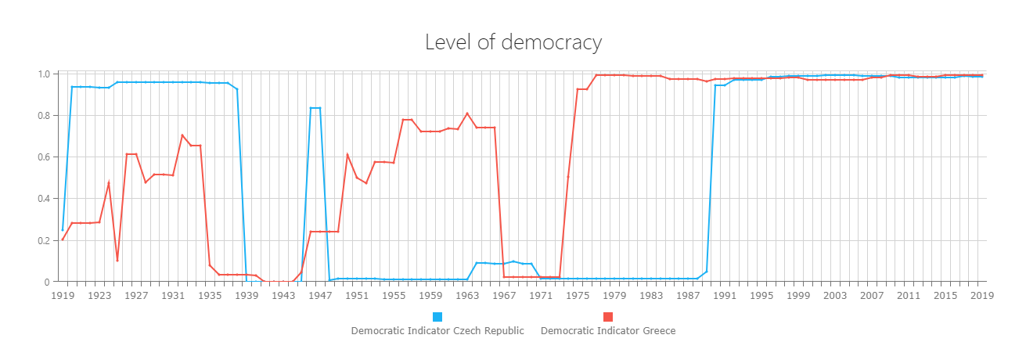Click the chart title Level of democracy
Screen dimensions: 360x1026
[513, 42]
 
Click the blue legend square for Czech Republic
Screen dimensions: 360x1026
[437, 316]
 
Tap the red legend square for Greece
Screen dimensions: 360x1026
[607, 316]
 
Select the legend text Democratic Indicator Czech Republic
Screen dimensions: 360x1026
[437, 331]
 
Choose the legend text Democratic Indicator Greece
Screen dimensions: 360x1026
[607, 331]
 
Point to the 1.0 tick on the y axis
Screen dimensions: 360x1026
[44, 74]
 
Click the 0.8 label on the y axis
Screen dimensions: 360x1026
[44, 116]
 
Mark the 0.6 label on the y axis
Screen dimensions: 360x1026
[44, 157]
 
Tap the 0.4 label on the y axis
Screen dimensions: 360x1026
[44, 199]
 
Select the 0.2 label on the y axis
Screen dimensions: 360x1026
[44, 240]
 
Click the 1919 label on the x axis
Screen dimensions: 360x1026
[63, 296]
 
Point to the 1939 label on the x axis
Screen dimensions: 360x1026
[247, 296]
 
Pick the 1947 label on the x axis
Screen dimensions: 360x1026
[320, 296]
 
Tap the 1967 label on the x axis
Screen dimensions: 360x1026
[504, 296]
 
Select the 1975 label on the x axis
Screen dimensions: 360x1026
[578, 296]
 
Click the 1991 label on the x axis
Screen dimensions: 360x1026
[725, 296]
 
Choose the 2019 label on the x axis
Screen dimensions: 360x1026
[982, 296]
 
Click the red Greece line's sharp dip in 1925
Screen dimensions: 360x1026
[117, 261]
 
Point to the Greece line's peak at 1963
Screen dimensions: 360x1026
[467, 113]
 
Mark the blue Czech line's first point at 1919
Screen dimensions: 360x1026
[63, 230]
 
